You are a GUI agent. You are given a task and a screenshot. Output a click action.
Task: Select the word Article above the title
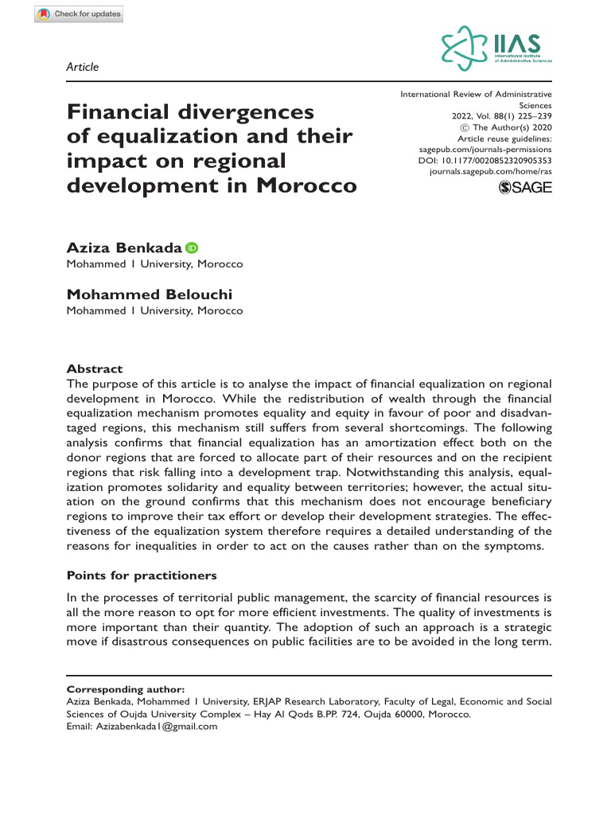83,67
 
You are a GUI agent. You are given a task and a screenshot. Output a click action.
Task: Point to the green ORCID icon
192,248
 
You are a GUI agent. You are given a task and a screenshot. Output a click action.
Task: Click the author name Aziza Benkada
125,248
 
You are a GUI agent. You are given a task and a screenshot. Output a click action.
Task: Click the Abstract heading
95,369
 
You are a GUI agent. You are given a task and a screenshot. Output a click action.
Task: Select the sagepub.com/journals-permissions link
485,149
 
